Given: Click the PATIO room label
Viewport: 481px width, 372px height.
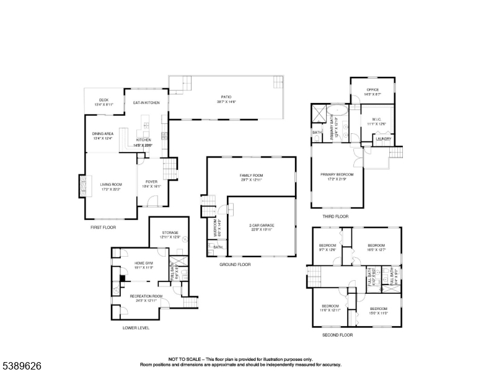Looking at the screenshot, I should [227, 97].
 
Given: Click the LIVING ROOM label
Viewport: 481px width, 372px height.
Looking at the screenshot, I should [111, 184].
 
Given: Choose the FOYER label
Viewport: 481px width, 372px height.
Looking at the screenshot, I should [151, 182].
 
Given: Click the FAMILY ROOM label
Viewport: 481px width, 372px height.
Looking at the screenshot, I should [252, 175].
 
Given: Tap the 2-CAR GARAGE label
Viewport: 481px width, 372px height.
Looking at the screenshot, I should [262, 225].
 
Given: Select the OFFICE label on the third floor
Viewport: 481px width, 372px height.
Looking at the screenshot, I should [372, 90].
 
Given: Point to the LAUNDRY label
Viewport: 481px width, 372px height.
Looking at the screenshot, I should [384, 139].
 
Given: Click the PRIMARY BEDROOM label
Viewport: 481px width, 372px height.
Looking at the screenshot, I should [337, 174].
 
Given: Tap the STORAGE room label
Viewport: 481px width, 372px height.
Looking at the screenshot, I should [170, 232].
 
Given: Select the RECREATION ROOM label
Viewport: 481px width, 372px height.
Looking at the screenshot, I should [146, 296].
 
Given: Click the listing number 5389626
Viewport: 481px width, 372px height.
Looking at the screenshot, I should [21, 366].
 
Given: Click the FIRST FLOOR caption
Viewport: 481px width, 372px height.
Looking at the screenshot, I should [103, 228].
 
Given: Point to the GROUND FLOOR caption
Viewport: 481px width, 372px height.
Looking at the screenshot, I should [235, 264].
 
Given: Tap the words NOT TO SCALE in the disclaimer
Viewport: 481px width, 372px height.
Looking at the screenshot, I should [185, 359].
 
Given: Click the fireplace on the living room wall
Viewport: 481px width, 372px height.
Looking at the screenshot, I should [81, 185].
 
